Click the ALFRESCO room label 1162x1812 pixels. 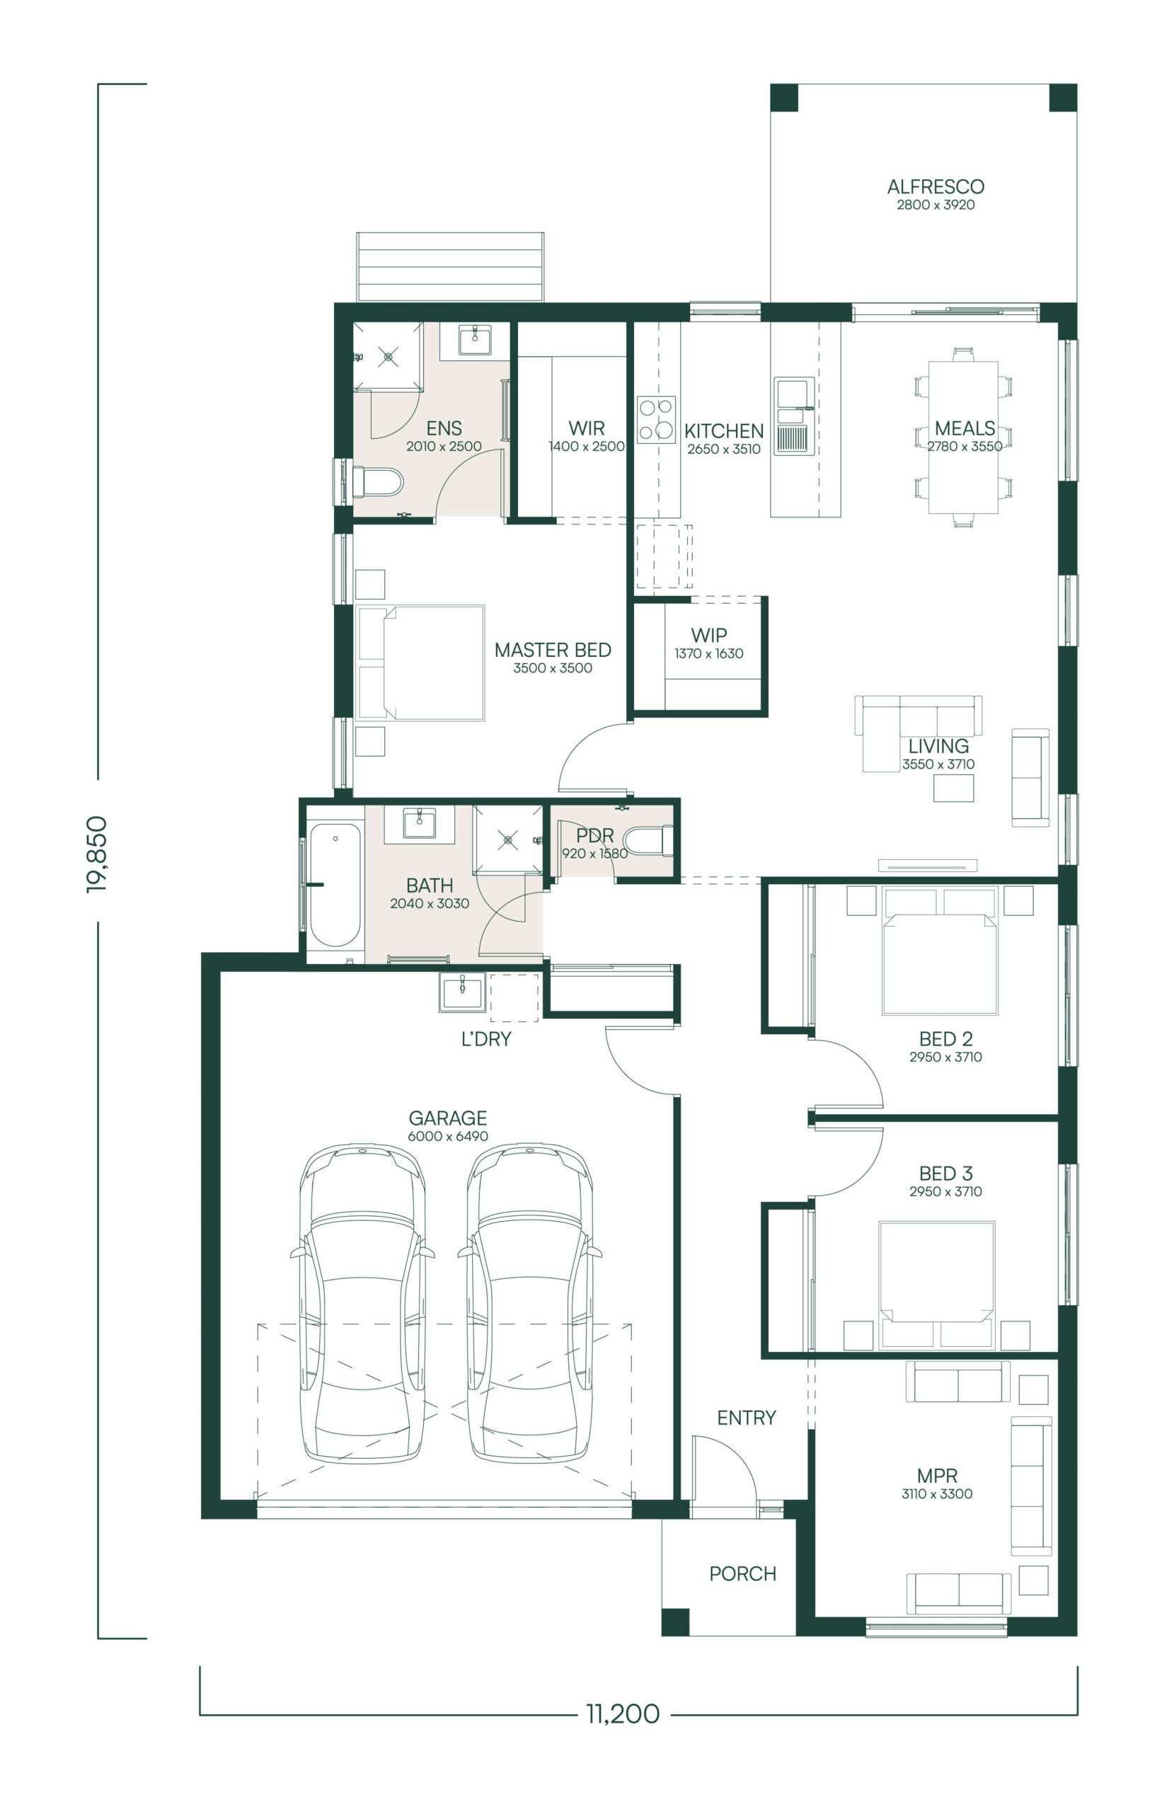pyautogui.click(x=936, y=186)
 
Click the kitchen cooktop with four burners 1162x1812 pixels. pyautogui.click(x=657, y=420)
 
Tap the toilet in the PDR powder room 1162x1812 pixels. pyautogui.click(x=648, y=841)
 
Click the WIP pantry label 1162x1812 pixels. pyautogui.click(x=709, y=636)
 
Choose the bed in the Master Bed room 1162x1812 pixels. pyautogui.click(x=420, y=663)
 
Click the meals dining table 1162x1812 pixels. pyautogui.click(x=964, y=437)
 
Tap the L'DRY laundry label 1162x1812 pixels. pyautogui.click(x=487, y=1039)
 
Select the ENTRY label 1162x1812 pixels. pyautogui.click(x=747, y=1418)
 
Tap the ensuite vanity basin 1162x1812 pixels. pyautogui.click(x=476, y=340)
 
